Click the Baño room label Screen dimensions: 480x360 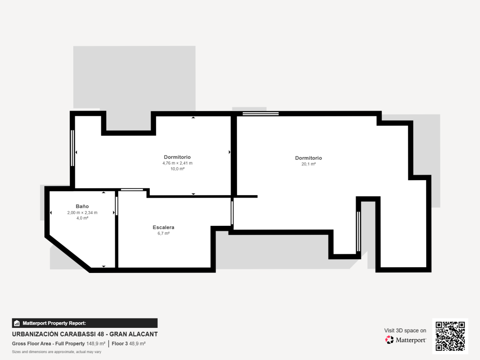tap(82, 206)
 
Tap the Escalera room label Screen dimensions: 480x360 tap(164, 227)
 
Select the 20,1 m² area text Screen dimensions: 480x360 tap(309, 164)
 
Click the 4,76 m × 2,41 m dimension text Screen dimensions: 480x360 tap(177, 163)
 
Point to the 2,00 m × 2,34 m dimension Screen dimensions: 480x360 tap(82, 212)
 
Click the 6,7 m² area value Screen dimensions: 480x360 tap(164, 233)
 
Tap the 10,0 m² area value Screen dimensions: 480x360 tap(177, 169)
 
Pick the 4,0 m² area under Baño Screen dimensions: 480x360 tap(82, 218)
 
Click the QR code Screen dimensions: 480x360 tap(450, 336)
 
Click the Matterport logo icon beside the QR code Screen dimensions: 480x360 tap(389, 340)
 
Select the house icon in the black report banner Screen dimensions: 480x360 tap(17, 323)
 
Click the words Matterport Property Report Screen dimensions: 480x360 tap(54, 323)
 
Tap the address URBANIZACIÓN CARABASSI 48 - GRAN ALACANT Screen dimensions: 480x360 tap(85, 334)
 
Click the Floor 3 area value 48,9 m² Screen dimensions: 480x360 tap(137, 343)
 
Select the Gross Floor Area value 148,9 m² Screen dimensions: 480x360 tap(96, 343)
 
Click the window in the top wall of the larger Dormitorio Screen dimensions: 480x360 tap(260, 113)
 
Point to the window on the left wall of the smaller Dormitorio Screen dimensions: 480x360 tap(72, 148)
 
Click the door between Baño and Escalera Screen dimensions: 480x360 tap(117, 206)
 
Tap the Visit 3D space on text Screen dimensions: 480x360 tap(405, 331)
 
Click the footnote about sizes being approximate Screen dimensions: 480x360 tap(57, 352)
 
